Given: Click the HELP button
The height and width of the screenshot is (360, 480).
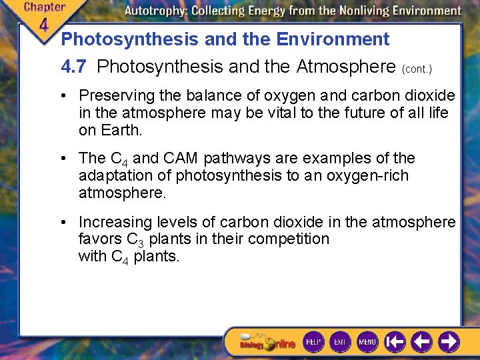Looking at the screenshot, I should [313, 342].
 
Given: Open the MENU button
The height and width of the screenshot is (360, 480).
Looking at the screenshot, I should [367, 342].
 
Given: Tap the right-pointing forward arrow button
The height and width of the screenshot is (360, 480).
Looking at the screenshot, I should [449, 342].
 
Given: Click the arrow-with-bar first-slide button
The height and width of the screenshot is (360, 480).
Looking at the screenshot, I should [395, 342].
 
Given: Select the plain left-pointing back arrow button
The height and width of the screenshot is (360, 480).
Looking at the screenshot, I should [421, 342].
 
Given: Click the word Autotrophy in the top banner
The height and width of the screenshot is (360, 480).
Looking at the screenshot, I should [158, 11].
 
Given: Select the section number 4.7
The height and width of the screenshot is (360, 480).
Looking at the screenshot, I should [75, 67].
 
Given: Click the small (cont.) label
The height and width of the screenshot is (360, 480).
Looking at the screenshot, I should [417, 69].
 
